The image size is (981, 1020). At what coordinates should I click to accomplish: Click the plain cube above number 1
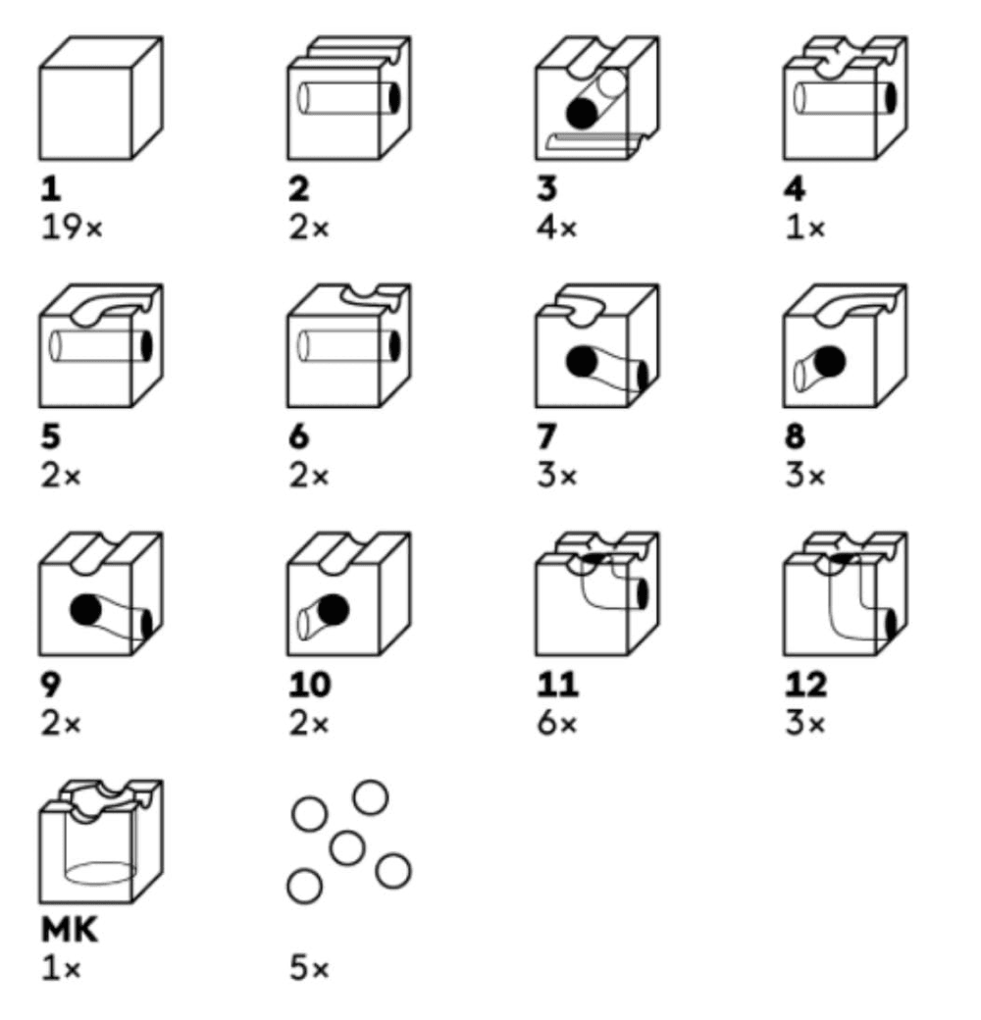point(101,98)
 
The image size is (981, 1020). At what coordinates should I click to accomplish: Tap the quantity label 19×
point(73,228)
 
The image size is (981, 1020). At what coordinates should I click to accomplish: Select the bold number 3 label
point(547,188)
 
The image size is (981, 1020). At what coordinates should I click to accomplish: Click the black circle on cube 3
point(582,114)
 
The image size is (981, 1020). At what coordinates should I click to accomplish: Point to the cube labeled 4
point(845,98)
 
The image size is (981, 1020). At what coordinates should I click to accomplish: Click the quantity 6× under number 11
point(557,724)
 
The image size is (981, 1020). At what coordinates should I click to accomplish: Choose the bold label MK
point(70,929)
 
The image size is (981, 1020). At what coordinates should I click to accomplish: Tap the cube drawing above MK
point(101,841)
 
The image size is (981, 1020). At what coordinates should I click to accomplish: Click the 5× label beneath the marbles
point(310,969)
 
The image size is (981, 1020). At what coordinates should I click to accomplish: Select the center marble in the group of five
point(346,847)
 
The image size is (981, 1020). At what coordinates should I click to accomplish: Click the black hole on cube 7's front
point(582,361)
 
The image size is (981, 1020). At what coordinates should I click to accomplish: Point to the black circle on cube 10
point(334,609)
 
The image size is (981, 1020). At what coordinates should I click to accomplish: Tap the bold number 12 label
point(806,684)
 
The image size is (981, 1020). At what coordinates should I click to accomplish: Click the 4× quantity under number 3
point(557,228)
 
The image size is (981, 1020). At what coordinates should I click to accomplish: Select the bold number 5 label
point(51,435)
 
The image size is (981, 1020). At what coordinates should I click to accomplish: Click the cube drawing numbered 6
point(349,346)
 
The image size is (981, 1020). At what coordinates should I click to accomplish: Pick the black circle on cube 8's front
point(829,361)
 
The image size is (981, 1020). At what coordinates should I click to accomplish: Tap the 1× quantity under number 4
point(806,228)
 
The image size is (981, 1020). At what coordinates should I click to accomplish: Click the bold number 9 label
point(51,684)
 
